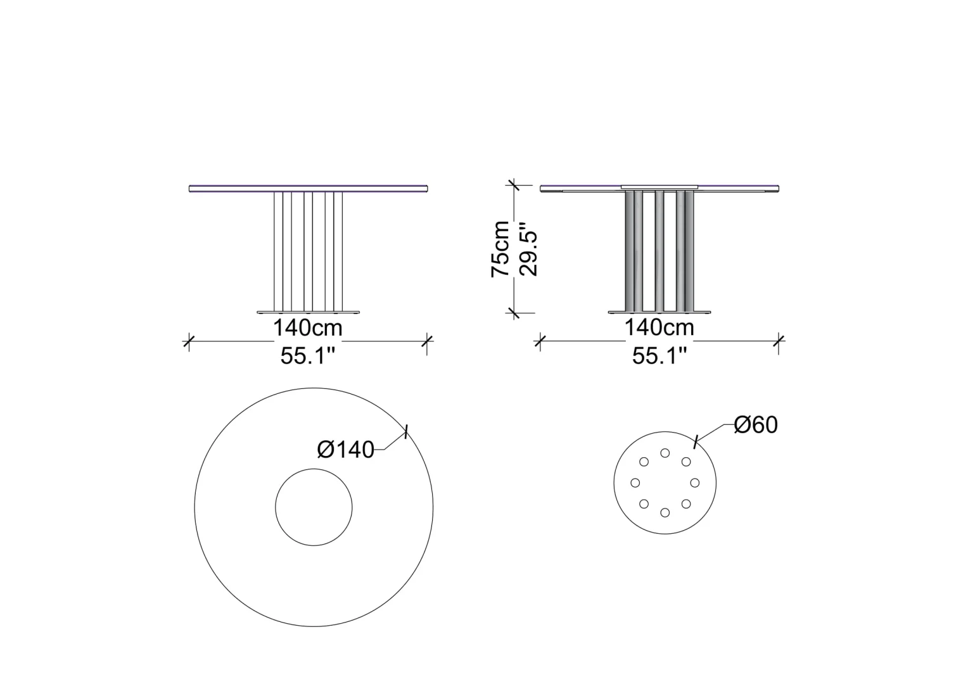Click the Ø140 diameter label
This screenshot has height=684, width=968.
click(x=346, y=450)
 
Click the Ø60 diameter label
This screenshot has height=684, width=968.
click(x=756, y=425)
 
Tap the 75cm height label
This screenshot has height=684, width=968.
click(x=500, y=249)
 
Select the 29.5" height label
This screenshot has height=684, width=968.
click(x=528, y=250)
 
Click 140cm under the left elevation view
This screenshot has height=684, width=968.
click(x=308, y=328)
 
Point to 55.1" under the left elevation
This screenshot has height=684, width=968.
click(x=308, y=357)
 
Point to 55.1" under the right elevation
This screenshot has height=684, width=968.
click(x=659, y=356)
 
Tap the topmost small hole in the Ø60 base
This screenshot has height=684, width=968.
click(x=665, y=453)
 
